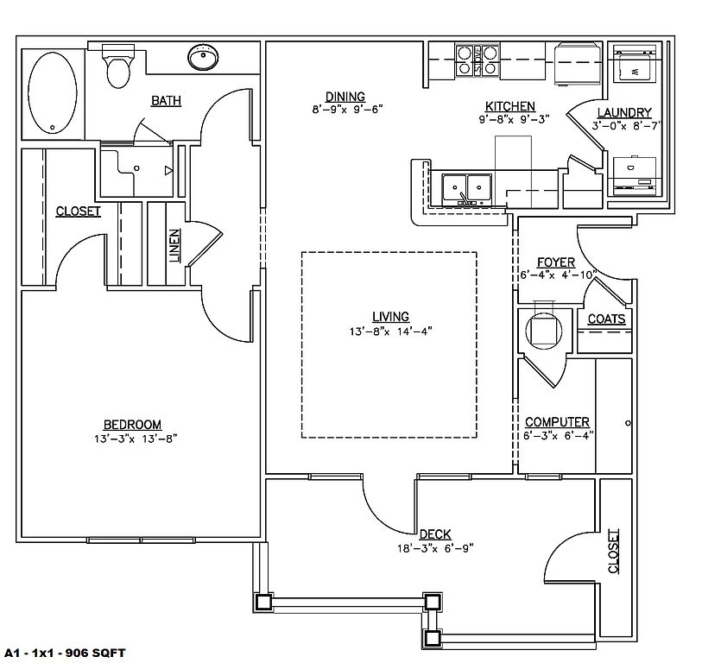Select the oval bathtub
(53, 93)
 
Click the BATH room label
(167, 101)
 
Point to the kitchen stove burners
(477, 59)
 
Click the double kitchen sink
(466, 187)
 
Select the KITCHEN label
(509, 107)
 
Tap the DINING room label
(345, 97)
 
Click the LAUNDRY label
(623, 113)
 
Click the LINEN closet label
(174, 245)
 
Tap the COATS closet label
(606, 319)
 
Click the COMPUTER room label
(557, 422)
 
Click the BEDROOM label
(132, 424)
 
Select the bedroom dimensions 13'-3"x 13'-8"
(132, 438)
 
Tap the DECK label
(435, 534)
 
